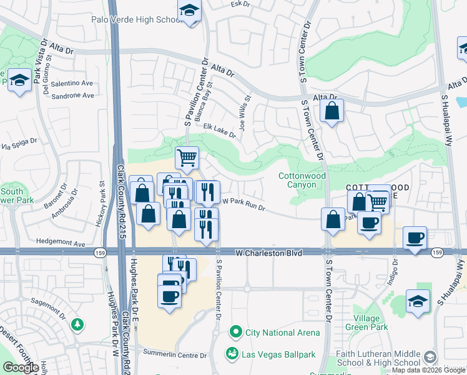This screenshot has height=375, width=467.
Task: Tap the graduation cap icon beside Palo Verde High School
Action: (x=189, y=11)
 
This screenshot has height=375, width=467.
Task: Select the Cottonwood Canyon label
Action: (x=302, y=181)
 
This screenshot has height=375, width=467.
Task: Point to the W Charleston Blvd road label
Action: (x=269, y=253)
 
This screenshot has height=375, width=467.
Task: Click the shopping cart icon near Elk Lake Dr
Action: (x=187, y=157)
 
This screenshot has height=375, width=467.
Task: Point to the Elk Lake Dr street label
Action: (x=219, y=130)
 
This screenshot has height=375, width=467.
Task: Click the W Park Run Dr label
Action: (x=245, y=205)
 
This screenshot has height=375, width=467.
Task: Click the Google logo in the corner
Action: (x=21, y=367)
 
